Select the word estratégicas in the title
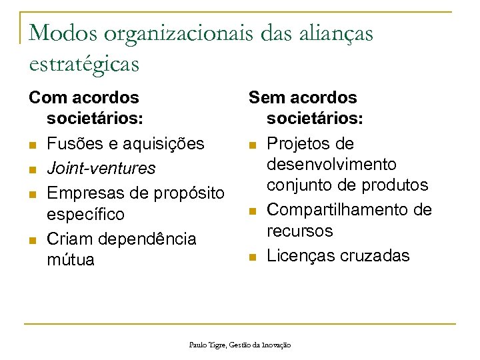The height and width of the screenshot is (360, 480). pyautogui.click(x=84, y=63)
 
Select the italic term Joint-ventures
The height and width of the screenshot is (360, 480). pyautogui.click(x=101, y=167)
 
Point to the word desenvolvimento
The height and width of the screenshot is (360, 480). pyautogui.click(x=331, y=164)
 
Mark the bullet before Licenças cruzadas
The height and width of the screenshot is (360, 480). pyautogui.click(x=252, y=256)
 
